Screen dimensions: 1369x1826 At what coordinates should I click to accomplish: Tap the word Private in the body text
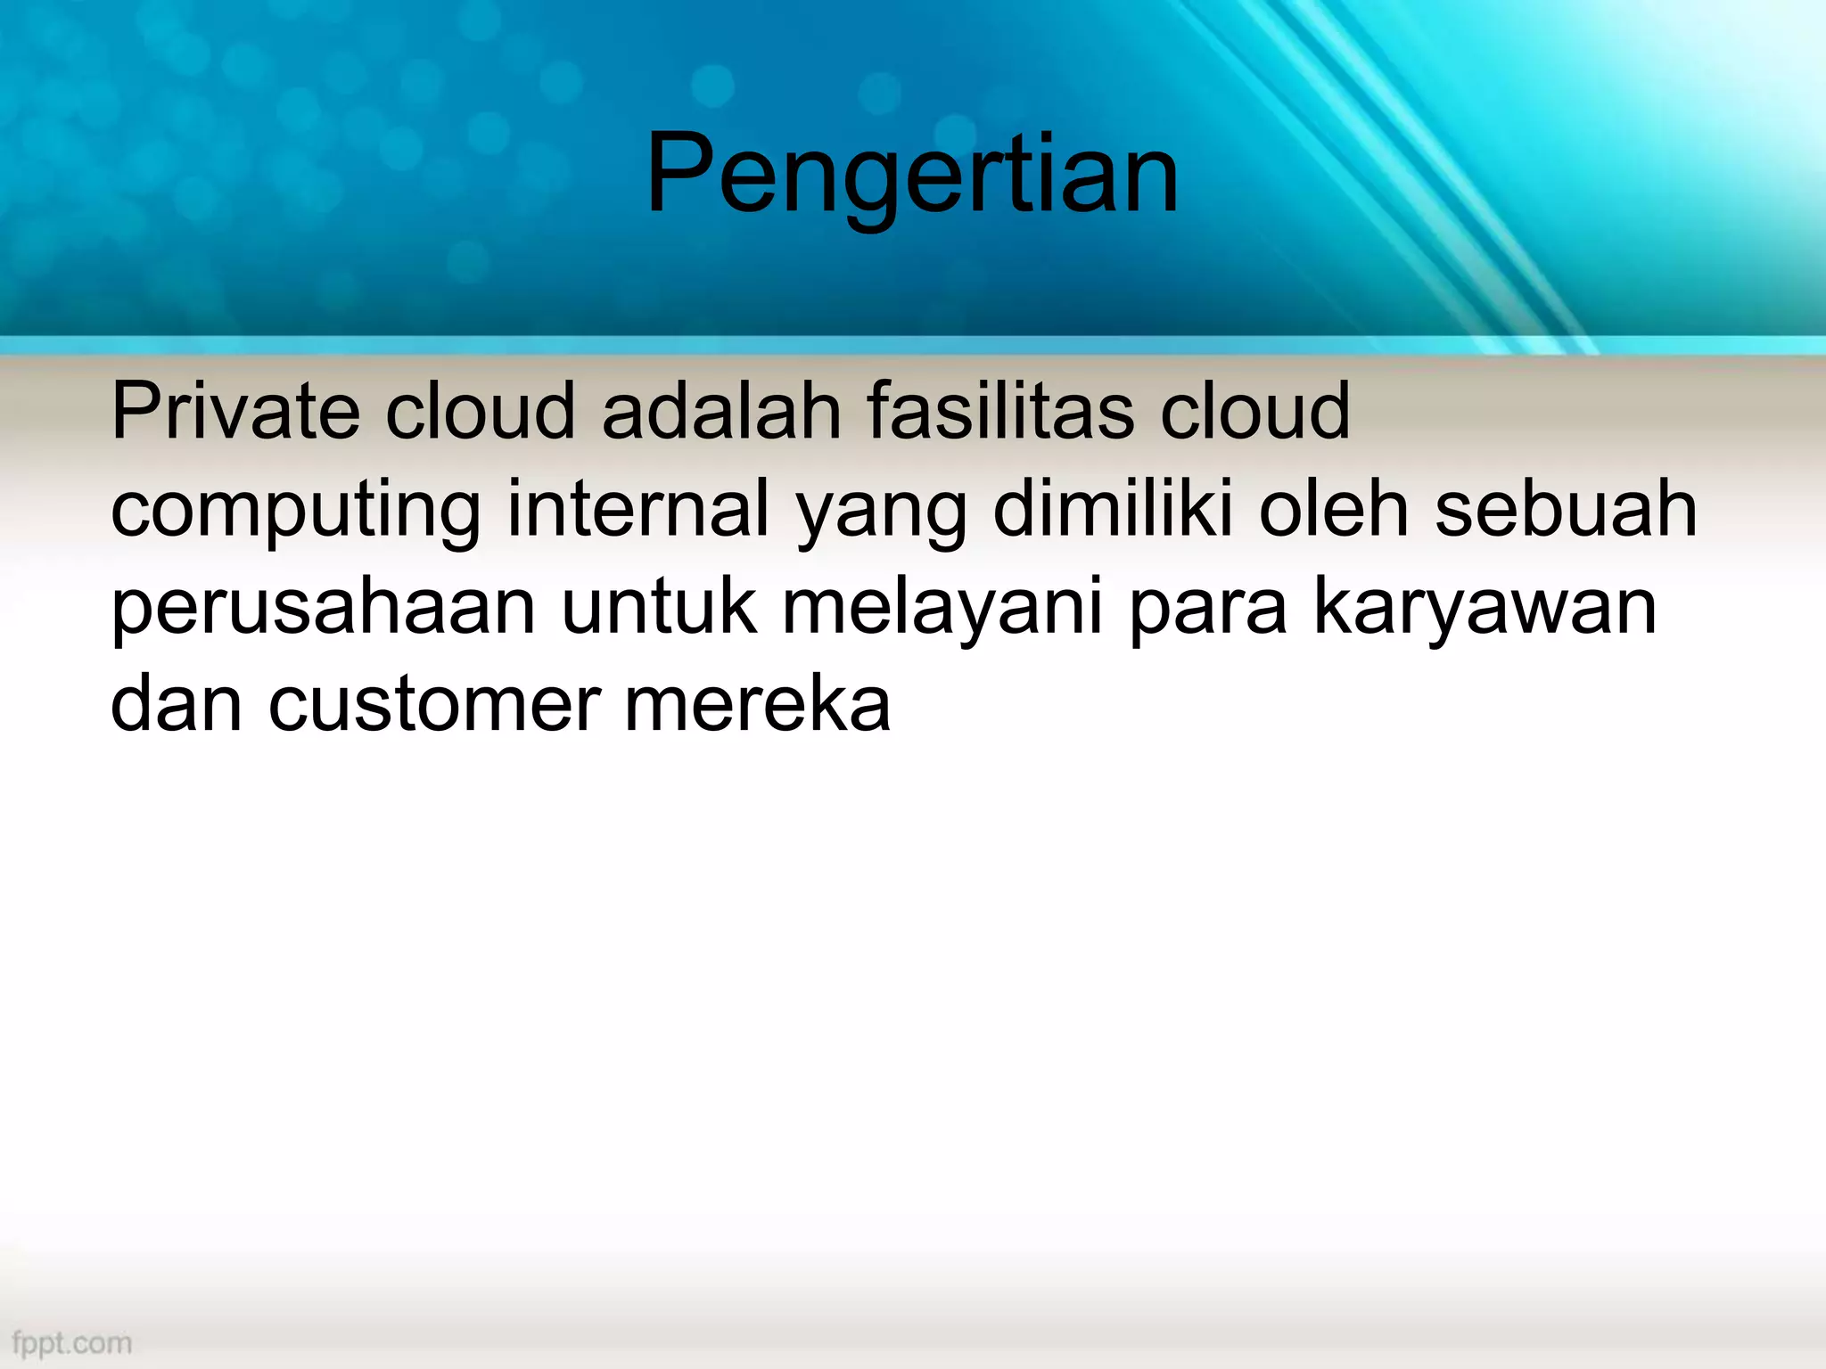point(235,411)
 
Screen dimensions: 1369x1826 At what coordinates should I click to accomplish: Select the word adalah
point(721,411)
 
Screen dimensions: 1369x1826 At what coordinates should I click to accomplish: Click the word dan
point(177,704)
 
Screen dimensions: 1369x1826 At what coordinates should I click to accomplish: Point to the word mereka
point(757,704)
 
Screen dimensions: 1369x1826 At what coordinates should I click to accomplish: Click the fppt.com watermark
point(72,1342)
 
